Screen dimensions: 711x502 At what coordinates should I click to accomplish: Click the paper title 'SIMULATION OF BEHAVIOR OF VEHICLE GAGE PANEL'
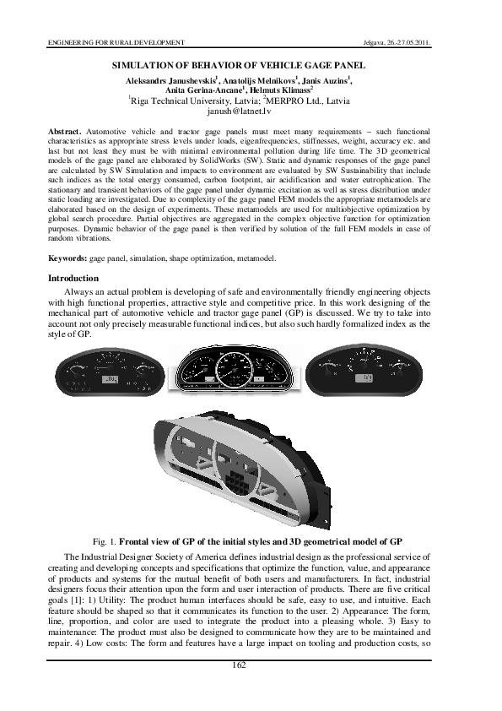click(251, 65)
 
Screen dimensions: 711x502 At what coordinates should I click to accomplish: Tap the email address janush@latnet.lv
click(251, 111)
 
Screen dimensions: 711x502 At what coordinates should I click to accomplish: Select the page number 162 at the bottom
click(251, 666)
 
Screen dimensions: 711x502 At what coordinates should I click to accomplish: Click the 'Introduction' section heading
click(73, 278)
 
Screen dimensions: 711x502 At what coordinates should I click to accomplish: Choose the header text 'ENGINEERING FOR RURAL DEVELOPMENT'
click(115, 41)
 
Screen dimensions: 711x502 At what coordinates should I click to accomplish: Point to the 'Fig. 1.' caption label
click(104, 538)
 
